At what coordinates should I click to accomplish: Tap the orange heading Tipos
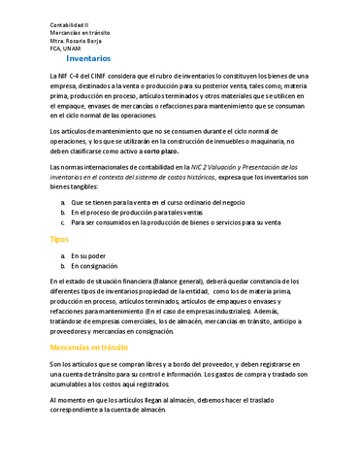[x=59, y=238]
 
